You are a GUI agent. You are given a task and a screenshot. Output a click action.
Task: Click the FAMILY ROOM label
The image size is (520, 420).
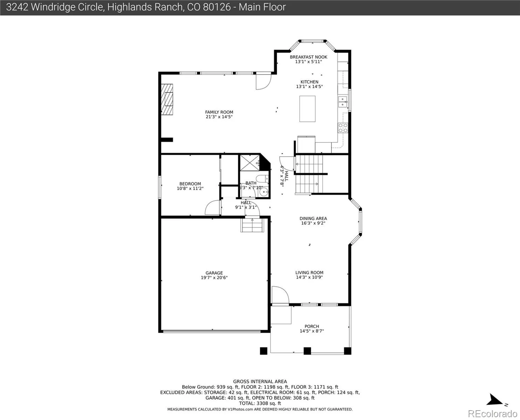point(219,112)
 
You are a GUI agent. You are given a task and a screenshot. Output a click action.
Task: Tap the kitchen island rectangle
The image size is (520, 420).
point(307,109)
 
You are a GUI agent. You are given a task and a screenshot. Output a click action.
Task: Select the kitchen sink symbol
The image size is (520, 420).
point(342,102)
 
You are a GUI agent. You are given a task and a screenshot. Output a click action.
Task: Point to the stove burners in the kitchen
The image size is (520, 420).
point(343,128)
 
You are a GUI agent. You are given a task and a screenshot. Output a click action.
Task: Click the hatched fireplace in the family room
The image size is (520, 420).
point(167,99)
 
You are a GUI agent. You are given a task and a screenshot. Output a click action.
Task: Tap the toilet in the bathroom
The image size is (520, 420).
point(263,179)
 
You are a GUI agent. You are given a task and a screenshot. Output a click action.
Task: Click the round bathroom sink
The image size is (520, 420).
point(264,192)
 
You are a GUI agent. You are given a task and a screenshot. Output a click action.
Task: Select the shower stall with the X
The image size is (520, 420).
point(249,163)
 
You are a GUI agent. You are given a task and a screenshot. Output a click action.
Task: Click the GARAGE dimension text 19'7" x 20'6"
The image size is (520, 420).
point(214,278)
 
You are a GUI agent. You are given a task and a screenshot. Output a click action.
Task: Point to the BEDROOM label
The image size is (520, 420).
point(190,184)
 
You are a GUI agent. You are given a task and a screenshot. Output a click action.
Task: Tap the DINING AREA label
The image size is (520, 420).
point(313,218)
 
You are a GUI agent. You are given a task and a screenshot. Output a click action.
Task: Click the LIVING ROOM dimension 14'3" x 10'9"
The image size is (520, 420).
point(309,277)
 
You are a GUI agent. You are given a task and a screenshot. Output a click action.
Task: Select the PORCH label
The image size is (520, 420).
point(312,326)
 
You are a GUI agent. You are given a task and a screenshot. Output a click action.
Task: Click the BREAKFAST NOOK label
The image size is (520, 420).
point(309,57)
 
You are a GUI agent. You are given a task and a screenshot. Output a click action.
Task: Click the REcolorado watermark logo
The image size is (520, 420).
point(492,414)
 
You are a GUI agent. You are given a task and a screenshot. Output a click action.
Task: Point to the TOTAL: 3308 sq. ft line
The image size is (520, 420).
point(260,404)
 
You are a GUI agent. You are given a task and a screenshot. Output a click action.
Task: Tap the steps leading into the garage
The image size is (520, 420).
point(252,225)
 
